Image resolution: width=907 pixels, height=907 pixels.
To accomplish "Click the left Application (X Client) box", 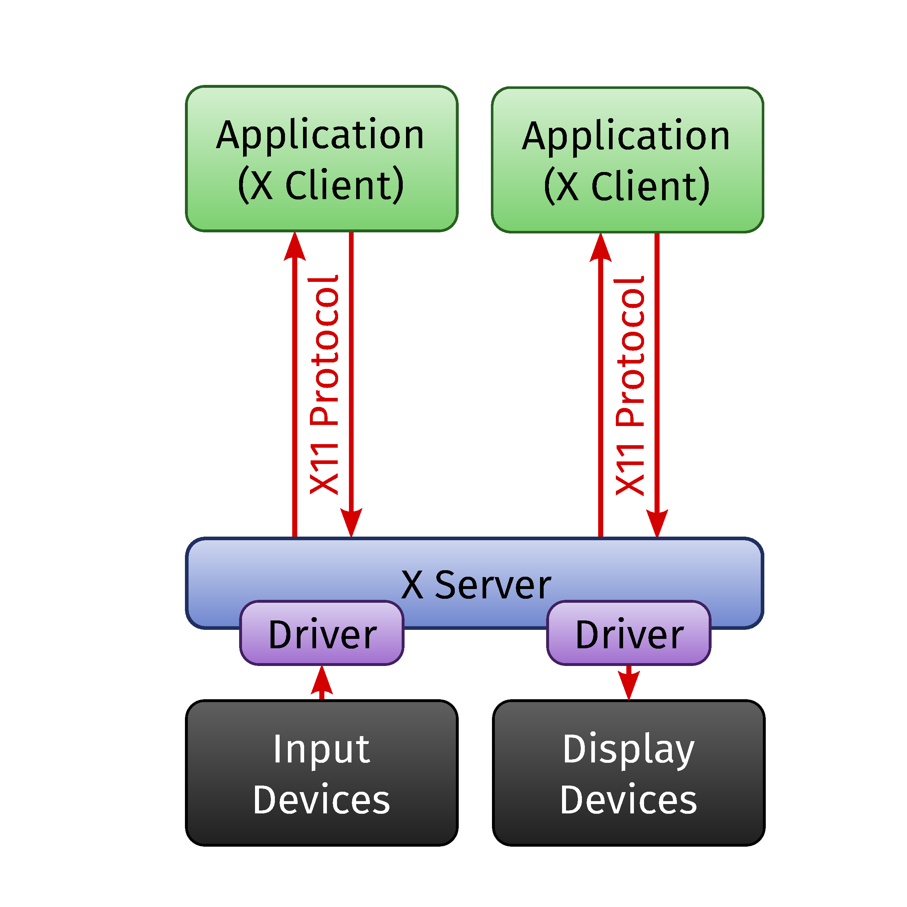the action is click(x=321, y=159).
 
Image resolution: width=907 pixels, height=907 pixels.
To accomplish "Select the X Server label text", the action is click(x=476, y=585).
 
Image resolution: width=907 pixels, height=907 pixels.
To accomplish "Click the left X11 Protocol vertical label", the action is click(x=324, y=385).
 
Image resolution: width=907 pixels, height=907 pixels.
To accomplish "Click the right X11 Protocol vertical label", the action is click(x=630, y=386).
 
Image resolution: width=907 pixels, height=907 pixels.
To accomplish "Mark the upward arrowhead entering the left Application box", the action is click(x=295, y=246).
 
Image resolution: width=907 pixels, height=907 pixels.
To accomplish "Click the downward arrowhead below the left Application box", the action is click(x=351, y=523).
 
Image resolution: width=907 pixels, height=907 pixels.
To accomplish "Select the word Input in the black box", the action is click(x=321, y=749).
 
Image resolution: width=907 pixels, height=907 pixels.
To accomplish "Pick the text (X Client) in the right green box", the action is click(x=627, y=186).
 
